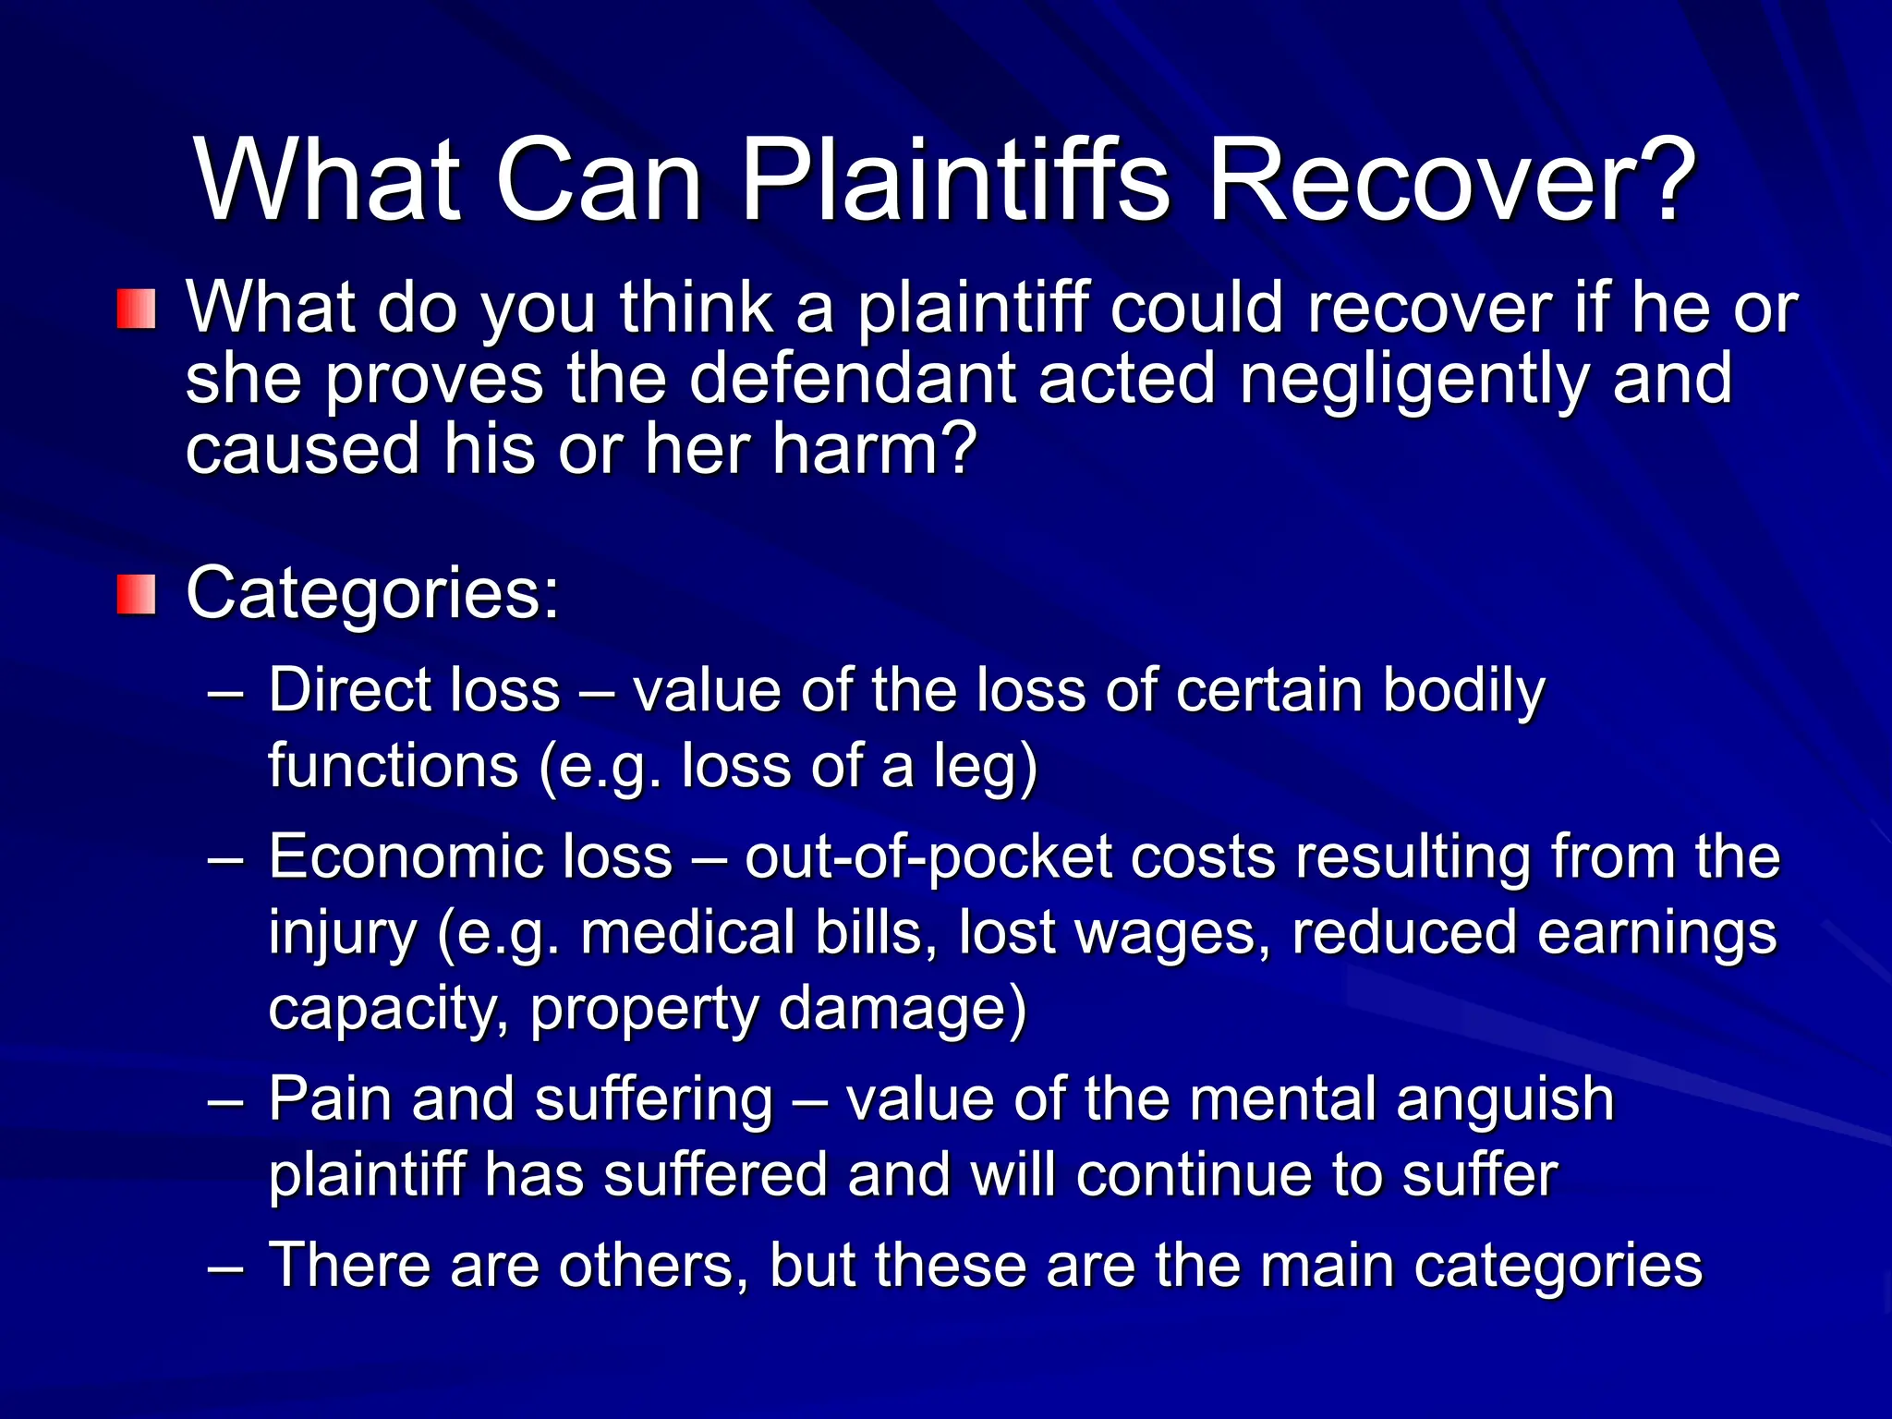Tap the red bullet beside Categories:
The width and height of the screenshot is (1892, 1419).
pos(136,594)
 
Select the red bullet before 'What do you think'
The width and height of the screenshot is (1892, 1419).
pos(136,309)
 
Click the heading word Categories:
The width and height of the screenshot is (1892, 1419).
pos(372,594)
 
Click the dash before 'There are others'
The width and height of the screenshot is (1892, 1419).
pos(226,1267)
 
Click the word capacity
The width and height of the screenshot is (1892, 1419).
pos(387,1009)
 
